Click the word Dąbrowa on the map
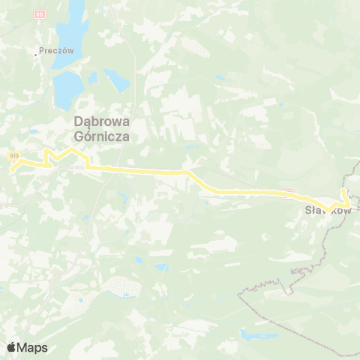100,122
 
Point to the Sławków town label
327,211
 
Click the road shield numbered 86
40,14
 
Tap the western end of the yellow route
12,169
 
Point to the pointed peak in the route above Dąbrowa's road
73,150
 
